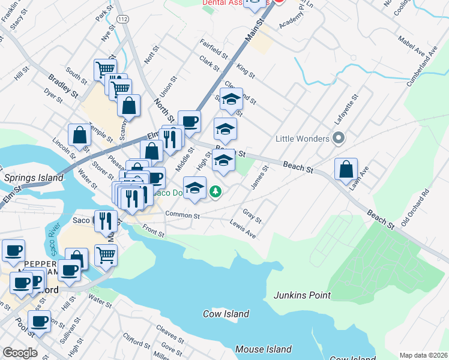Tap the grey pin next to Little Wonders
click(x=339, y=139)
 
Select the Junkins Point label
click(x=303, y=295)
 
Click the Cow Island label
click(x=226, y=314)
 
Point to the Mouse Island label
click(x=264, y=349)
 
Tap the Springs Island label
click(x=33, y=178)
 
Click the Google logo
click(x=20, y=352)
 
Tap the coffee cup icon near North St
click(x=190, y=122)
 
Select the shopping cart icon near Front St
click(x=106, y=254)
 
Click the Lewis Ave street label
click(x=243, y=229)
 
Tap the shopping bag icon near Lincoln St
click(x=80, y=135)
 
